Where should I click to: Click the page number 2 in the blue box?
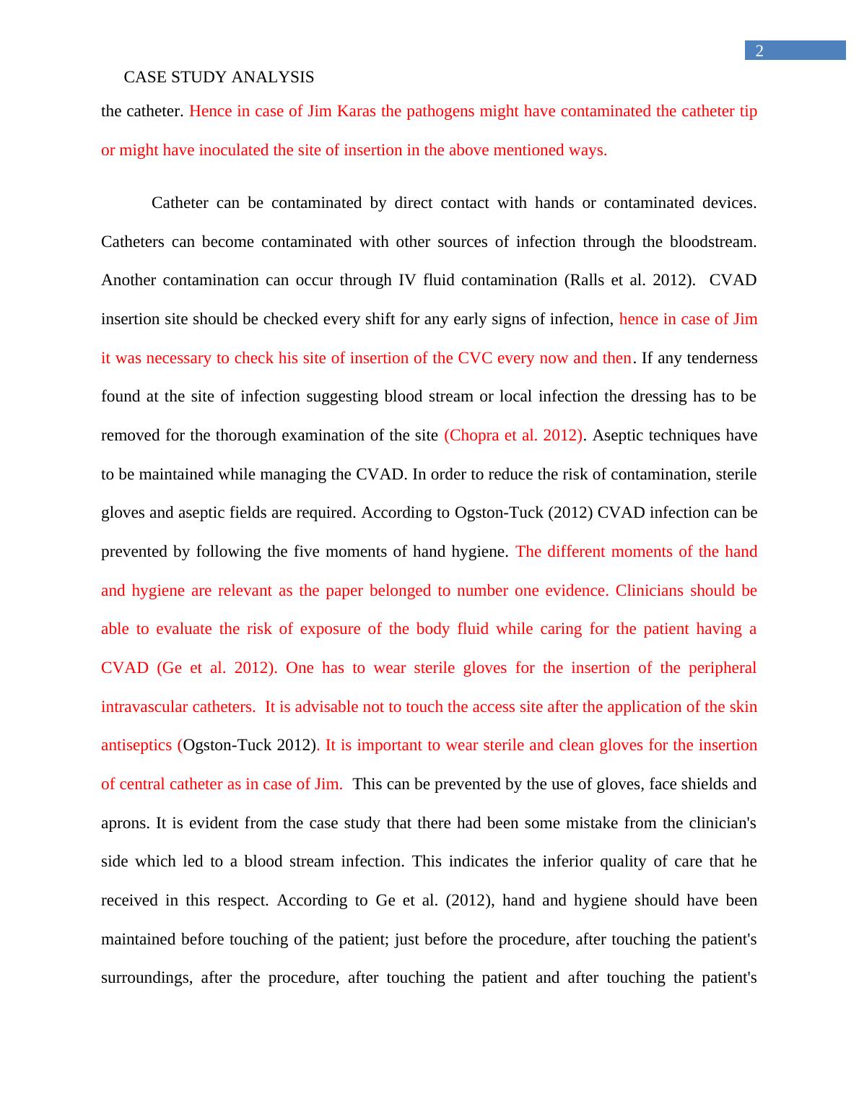[x=759, y=51]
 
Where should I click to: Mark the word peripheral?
[x=722, y=668]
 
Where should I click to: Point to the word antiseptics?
[x=136, y=745]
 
